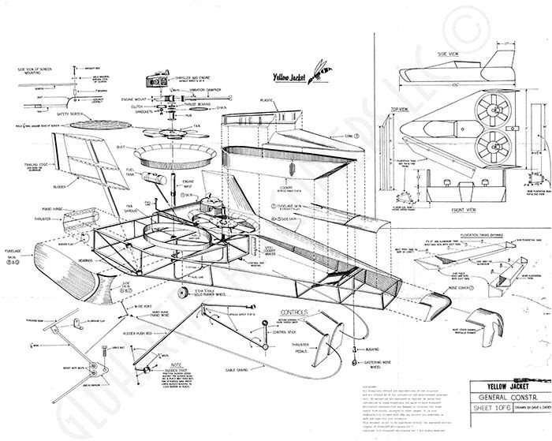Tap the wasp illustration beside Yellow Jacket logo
pos(321,68)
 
